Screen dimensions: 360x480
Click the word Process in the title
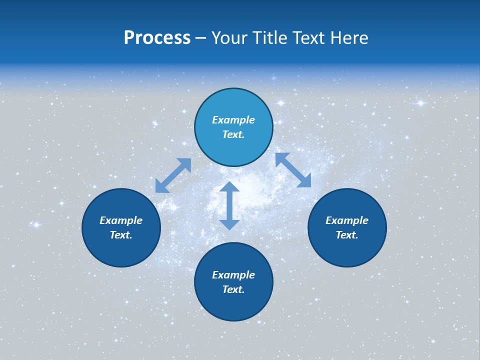[157, 38]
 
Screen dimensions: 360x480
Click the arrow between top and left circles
[173, 175]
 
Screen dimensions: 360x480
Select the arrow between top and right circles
[293, 170]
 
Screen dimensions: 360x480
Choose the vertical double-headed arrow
[229, 205]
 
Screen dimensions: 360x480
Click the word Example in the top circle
[233, 120]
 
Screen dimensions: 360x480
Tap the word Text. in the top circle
[233, 134]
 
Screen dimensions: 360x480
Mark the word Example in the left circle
[121, 220]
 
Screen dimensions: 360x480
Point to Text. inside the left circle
[121, 235]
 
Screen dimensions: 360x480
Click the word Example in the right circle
[347, 220]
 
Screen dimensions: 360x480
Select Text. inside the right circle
[347, 235]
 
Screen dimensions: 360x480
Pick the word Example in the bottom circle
[233, 275]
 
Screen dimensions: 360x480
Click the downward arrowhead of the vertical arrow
[229, 223]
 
